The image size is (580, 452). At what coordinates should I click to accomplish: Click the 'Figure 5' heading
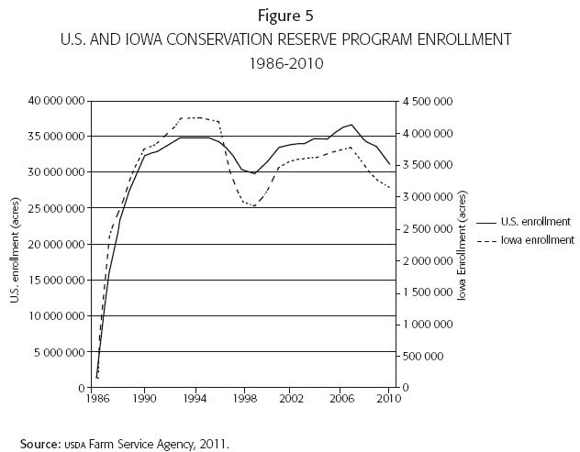point(289,15)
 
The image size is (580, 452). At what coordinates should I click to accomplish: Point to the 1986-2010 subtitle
point(289,65)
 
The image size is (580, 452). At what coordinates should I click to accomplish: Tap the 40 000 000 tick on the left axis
point(59,100)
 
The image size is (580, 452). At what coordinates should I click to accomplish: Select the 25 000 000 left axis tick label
point(59,208)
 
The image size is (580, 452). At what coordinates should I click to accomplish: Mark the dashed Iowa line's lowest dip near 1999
point(254,206)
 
